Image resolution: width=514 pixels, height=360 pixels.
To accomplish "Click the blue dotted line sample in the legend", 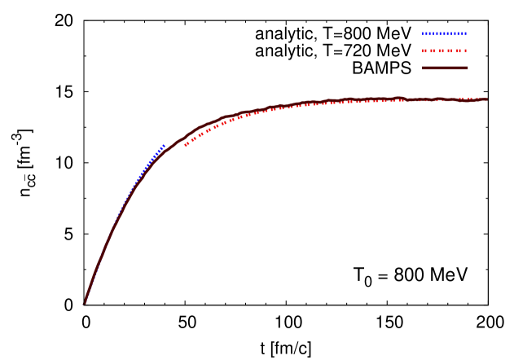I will (444, 33).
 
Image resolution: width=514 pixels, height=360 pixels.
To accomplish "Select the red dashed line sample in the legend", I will (444, 50).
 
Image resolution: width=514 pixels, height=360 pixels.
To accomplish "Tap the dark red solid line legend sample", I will (444, 68).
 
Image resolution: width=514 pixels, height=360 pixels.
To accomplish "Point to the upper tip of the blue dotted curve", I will (164, 146).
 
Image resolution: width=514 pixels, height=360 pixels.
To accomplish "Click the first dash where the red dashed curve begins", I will (187, 145).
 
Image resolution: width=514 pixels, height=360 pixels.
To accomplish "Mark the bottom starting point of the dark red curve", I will (85, 302).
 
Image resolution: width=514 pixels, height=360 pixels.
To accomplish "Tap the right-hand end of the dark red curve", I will (486, 99).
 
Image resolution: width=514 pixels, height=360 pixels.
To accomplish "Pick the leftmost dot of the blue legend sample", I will (424, 33).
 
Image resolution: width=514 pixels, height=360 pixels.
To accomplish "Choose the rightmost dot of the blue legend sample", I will (465, 33).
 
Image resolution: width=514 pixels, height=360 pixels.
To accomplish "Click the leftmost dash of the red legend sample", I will (424, 50).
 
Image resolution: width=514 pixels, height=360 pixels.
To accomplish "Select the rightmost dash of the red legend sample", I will (465, 50).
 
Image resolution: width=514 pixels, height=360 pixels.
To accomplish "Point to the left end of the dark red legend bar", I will (423, 68).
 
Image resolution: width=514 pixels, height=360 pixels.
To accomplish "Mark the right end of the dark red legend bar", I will (468, 68).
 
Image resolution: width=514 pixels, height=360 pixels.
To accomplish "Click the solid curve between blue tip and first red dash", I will (175, 140).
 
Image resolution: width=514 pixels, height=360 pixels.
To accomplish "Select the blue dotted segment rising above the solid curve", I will (151, 160).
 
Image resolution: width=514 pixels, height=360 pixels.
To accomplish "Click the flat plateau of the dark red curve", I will (391, 100).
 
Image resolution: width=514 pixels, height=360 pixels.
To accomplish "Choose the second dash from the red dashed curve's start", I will (193, 139).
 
